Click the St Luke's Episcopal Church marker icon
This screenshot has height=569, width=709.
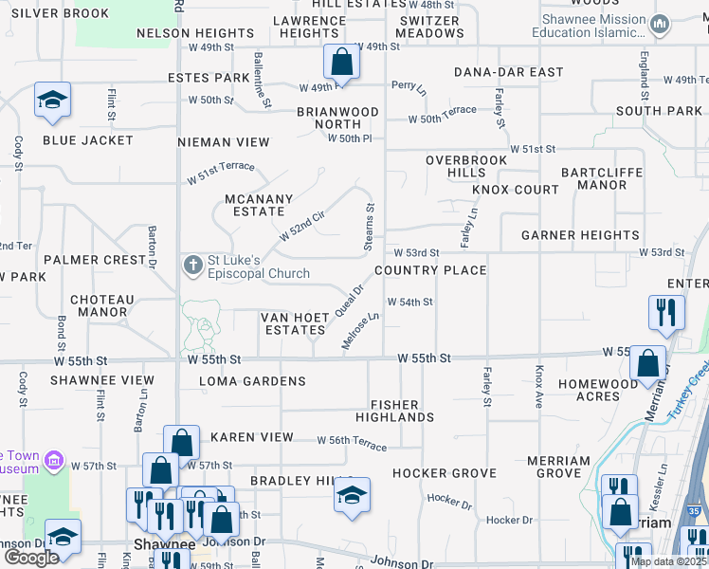[193, 265]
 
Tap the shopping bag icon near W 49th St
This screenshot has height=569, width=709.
[341, 63]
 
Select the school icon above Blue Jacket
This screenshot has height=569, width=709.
[52, 100]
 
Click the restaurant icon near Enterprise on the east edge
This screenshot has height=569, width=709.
[666, 312]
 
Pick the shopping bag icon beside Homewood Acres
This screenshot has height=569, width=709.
[646, 362]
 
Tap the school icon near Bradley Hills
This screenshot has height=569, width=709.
[352, 495]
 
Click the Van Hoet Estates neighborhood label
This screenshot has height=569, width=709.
[295, 323]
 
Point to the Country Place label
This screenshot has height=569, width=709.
[430, 270]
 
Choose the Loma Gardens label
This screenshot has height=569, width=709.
[252, 381]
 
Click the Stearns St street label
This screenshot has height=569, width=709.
[370, 228]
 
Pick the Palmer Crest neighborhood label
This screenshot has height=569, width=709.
[94, 260]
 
